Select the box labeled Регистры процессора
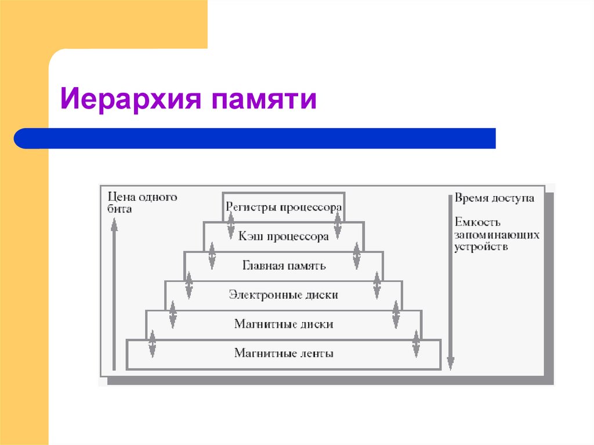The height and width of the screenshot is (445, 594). click(284, 207)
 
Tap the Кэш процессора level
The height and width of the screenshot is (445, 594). click(284, 236)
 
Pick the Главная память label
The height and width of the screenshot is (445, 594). click(284, 266)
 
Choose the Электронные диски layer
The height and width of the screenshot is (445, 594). click(284, 295)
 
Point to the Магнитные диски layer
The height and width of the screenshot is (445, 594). click(284, 324)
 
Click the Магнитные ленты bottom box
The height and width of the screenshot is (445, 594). click(284, 353)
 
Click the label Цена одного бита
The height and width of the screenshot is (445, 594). click(142, 203)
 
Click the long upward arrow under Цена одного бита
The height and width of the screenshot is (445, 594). click(114, 296)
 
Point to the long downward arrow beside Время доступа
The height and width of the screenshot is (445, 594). click(450, 284)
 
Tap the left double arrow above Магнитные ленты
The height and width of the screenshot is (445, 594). click(153, 343)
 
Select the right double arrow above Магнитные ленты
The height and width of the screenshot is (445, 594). click(415, 343)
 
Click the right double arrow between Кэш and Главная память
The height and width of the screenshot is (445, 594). click(357, 255)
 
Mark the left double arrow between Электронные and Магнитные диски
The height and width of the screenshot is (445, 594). click(172, 314)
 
